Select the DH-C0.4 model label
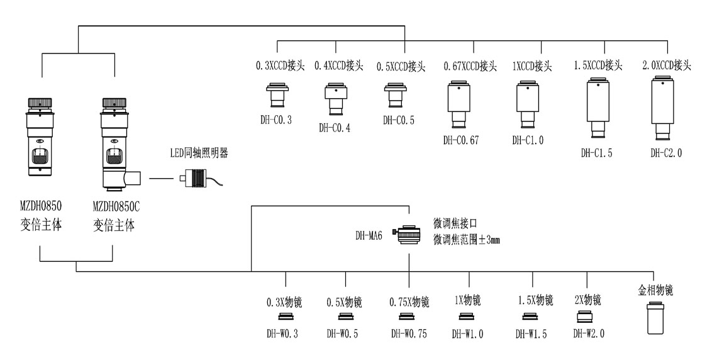click(x=334, y=128)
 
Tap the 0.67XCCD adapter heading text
click(x=470, y=66)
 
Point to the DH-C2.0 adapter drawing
click(x=662, y=108)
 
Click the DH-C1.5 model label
click(x=596, y=153)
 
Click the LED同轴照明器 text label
click(x=199, y=153)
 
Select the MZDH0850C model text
click(x=116, y=207)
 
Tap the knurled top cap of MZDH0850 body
click(x=40, y=103)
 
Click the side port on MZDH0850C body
click(x=133, y=178)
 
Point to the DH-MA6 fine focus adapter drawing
click(x=408, y=235)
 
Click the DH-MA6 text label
click(x=369, y=235)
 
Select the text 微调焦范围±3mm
click(x=467, y=239)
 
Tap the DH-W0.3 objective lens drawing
click(x=286, y=317)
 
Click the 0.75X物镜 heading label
click(x=409, y=302)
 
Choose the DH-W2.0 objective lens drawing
click(x=586, y=317)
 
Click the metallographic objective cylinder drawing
click(x=655, y=318)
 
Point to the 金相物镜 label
click(x=655, y=290)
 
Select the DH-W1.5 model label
click(x=531, y=334)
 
